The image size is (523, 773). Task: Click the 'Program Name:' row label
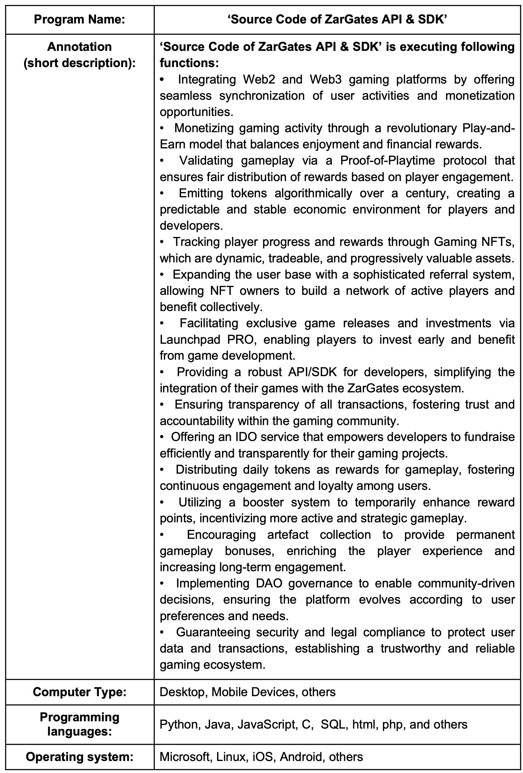click(x=79, y=20)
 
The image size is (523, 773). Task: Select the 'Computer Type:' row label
click(x=79, y=692)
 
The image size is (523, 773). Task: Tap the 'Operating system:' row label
click(x=79, y=757)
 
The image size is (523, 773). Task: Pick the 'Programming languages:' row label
click(x=79, y=724)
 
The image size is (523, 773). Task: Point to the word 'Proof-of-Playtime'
click(x=387, y=161)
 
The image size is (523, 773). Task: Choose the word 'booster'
click(x=263, y=502)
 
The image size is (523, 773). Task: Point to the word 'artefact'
click(x=288, y=535)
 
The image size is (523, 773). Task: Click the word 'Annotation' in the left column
click(x=79, y=47)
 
